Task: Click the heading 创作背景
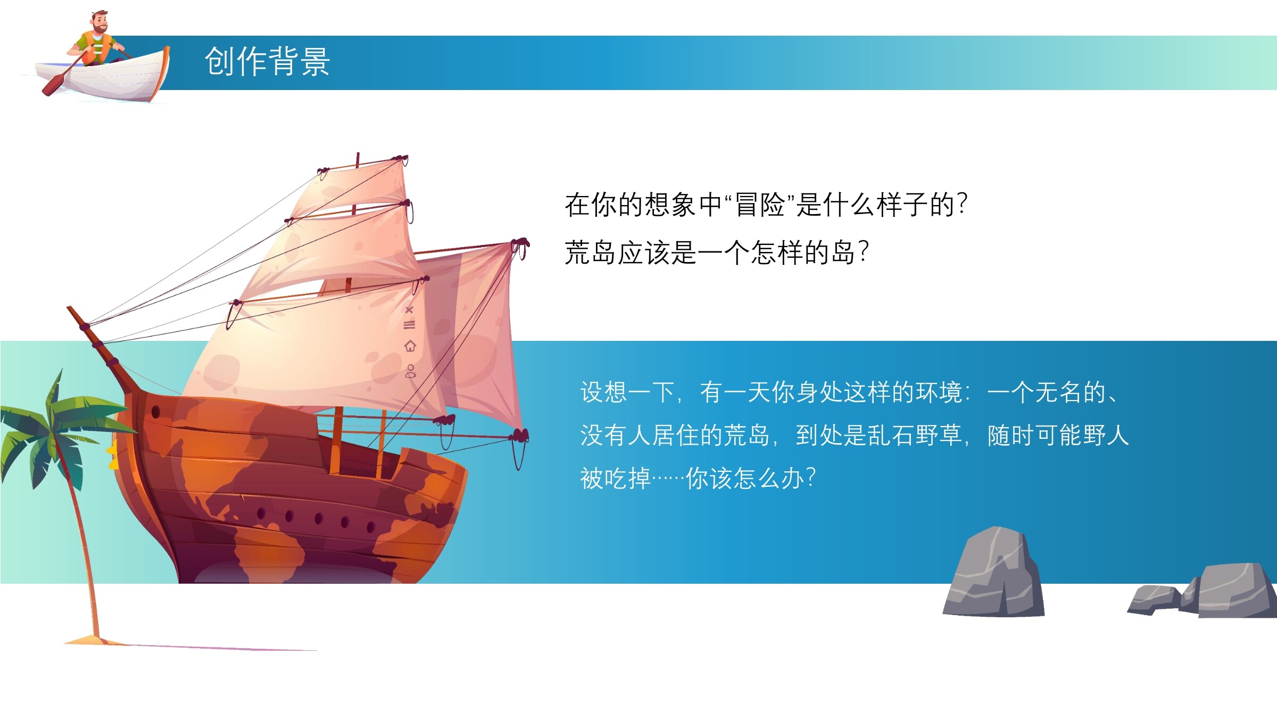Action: click(267, 61)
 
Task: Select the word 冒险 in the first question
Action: click(759, 205)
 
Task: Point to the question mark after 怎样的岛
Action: click(864, 252)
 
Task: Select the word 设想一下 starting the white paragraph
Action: click(628, 393)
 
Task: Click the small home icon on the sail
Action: click(410, 346)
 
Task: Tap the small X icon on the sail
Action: click(409, 309)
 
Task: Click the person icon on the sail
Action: click(410, 371)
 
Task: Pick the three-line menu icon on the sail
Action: click(409, 325)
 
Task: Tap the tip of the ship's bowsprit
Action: click(69, 307)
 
